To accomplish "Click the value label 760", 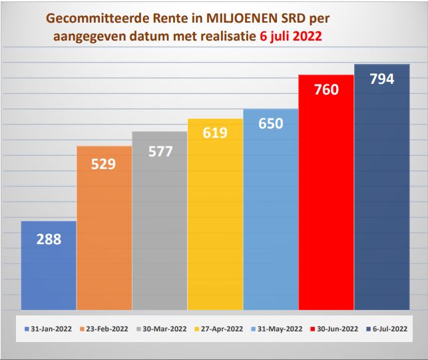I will click(326, 89).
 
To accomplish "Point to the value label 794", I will click(381, 79).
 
